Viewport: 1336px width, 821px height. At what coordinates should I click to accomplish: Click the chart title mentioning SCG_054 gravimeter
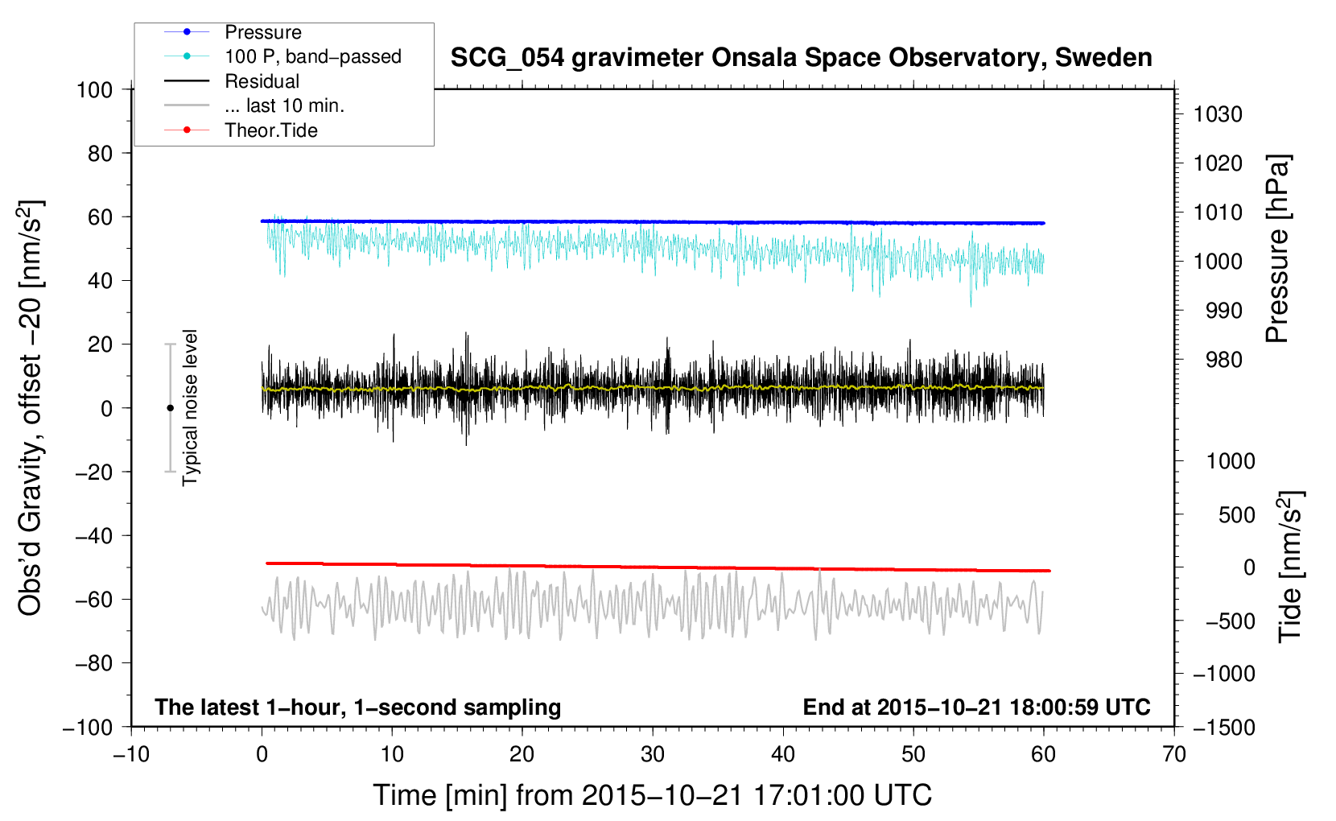[801, 58]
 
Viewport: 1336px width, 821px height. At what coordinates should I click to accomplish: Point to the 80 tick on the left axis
[100, 154]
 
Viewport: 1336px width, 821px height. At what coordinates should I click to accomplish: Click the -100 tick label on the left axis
[88, 728]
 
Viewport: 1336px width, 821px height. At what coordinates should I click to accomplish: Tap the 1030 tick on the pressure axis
[1218, 114]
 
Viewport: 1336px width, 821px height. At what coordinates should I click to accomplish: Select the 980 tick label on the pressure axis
[1224, 360]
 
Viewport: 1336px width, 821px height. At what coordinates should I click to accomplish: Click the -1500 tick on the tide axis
[1224, 728]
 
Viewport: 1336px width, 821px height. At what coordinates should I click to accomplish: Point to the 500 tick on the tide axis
[1237, 515]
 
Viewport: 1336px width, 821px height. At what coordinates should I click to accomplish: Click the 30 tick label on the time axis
[653, 755]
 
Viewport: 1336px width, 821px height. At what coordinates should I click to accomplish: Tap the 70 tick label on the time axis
[1174, 755]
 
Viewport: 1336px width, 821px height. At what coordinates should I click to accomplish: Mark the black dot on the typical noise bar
[170, 408]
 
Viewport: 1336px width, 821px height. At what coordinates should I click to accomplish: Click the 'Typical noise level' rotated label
[190, 408]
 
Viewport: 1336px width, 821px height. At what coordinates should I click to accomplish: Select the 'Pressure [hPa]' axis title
[1277, 249]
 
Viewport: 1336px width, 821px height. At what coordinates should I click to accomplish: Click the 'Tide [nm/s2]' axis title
[1291, 567]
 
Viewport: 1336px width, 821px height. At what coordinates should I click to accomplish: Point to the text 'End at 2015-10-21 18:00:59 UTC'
[976, 708]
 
